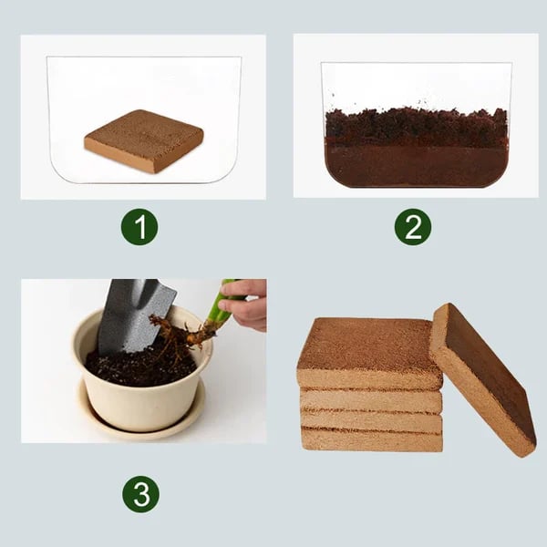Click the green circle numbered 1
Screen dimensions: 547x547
click(x=139, y=227)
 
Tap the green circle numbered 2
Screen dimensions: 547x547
click(x=413, y=227)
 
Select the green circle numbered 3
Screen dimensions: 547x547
click(x=140, y=494)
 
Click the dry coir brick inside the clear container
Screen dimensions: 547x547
click(x=144, y=139)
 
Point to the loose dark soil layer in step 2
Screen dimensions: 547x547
click(x=416, y=126)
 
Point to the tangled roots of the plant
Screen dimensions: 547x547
click(x=174, y=332)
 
